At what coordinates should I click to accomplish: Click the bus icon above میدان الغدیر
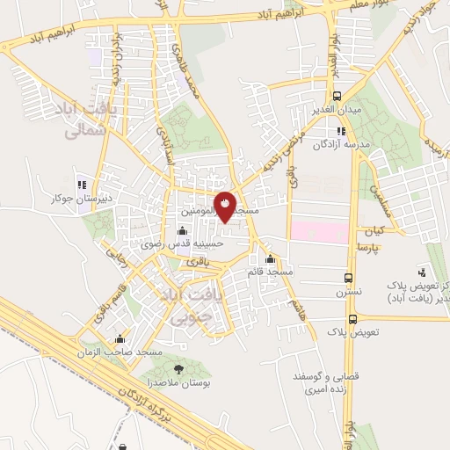(x=337, y=97)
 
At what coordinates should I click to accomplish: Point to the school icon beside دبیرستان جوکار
(x=80, y=185)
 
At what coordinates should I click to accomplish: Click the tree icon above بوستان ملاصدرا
(x=179, y=370)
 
